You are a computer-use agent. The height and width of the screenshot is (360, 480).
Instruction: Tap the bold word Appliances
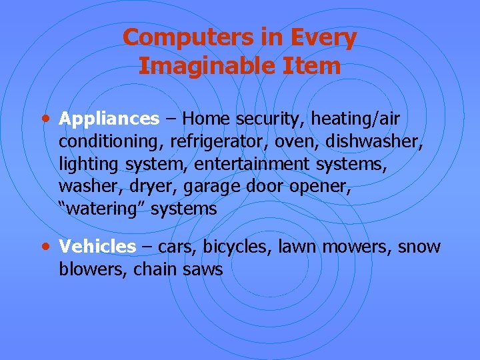109,119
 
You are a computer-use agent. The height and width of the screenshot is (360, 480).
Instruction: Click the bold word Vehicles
97,247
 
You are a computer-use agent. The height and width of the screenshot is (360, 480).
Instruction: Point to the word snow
419,247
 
